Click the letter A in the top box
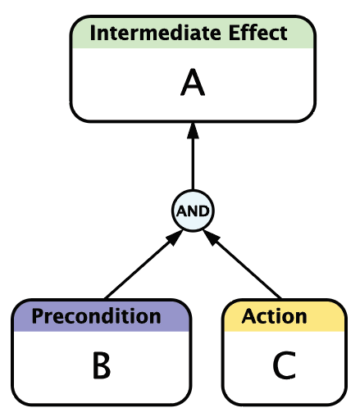(193, 82)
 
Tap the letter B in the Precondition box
(102, 365)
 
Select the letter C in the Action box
(285, 365)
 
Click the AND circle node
(193, 211)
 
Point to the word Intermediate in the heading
(155, 33)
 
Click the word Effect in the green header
(257, 33)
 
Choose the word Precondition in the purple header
(96, 316)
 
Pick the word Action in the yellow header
(274, 316)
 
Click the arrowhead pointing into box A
(193, 131)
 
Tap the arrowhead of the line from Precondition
(175, 238)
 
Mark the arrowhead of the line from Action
(212, 238)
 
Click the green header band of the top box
(193, 33)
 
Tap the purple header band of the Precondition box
(101, 316)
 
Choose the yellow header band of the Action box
(285, 316)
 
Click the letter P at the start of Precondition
(38, 316)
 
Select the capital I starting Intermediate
(92, 33)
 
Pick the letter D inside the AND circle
(204, 211)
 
